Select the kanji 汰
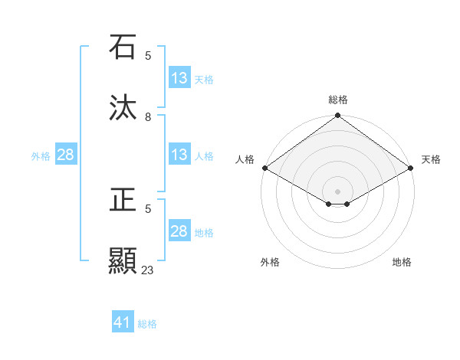pos(123,107)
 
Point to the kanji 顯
pos(123,260)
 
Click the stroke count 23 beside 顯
pos(148,270)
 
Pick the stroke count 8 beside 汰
pos(148,116)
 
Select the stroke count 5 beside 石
pos(148,55)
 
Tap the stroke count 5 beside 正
pos(148,208)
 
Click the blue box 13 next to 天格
pos(179,78)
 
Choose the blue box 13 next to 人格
pos(179,155)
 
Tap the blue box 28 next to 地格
pos(179,231)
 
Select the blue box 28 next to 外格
pos(66,155)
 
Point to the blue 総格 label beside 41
pos(147,324)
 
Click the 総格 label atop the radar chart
pos(338,100)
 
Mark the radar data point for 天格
pos(412,168)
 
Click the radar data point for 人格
pos(264,168)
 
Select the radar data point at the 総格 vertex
pos(338,116)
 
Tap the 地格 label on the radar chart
pos(402,262)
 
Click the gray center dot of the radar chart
pos(338,191)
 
